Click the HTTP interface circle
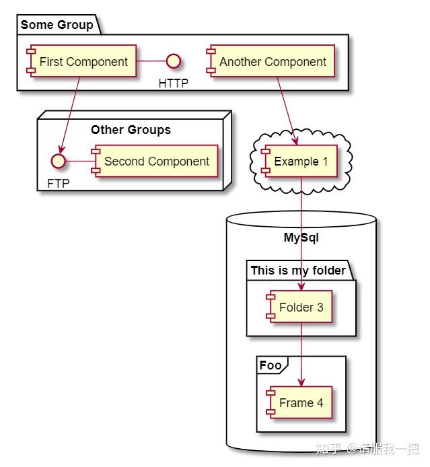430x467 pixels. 174,62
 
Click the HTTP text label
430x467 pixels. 174,83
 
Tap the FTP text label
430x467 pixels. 58,183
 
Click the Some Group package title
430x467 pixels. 57,26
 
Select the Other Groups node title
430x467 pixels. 131,130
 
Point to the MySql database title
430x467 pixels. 301,238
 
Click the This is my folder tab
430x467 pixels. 298,271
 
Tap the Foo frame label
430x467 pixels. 271,365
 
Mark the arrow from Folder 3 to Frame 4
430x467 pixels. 301,353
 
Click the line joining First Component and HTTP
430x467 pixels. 151,62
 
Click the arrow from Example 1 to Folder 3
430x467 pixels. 301,229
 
